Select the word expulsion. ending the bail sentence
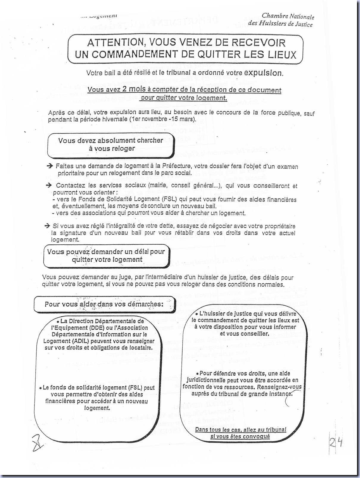point(263,73)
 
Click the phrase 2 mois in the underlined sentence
point(134,89)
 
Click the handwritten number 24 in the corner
point(336,443)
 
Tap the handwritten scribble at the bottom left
point(37,443)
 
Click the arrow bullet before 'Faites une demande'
point(50,166)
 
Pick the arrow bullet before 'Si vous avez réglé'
point(47,226)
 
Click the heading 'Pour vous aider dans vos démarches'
point(104,304)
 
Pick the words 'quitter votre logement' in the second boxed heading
point(107,260)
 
